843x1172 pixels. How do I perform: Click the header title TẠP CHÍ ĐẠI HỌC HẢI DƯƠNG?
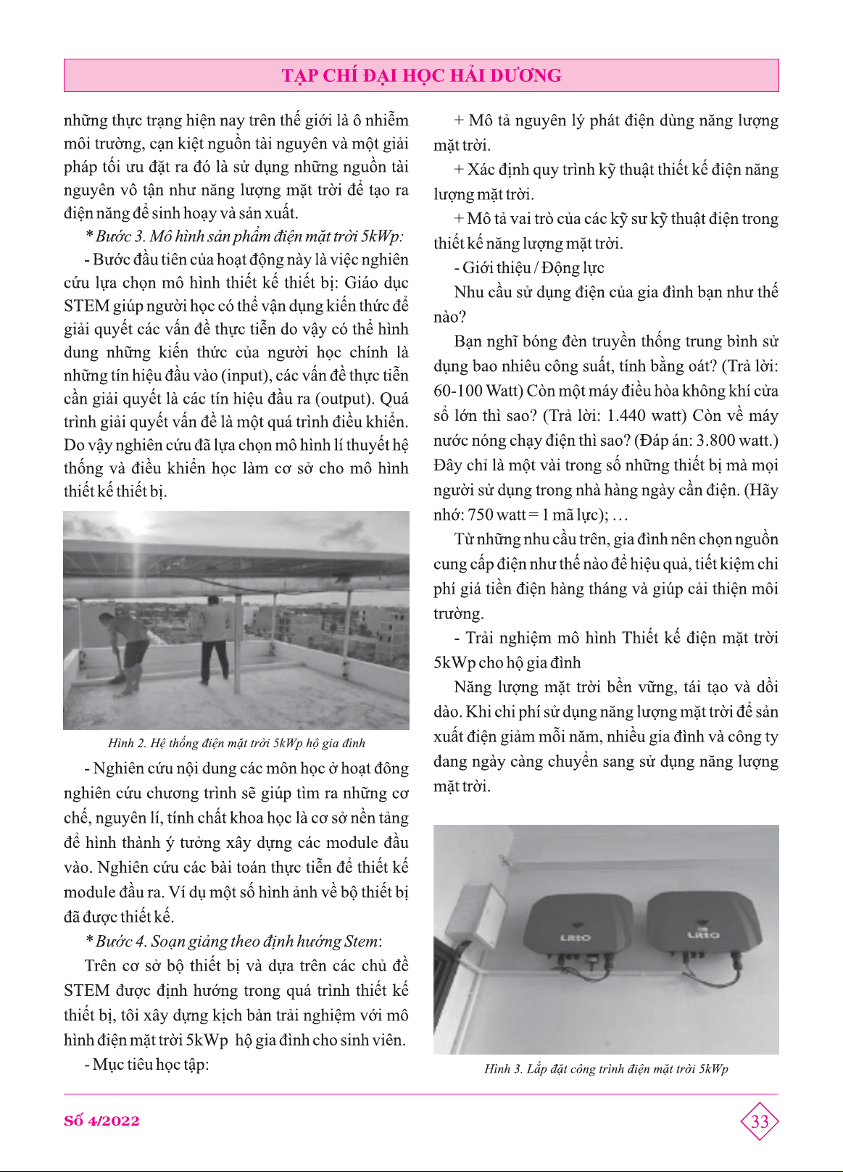(x=421, y=75)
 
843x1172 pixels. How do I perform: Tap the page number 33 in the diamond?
(x=759, y=1121)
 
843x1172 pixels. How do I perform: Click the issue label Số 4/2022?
(x=101, y=1121)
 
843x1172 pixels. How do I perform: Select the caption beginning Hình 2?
(x=236, y=743)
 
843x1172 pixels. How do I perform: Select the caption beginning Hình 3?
(x=606, y=1068)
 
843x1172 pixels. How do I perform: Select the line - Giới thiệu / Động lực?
(x=529, y=267)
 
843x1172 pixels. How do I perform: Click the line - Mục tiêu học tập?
(x=146, y=1064)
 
